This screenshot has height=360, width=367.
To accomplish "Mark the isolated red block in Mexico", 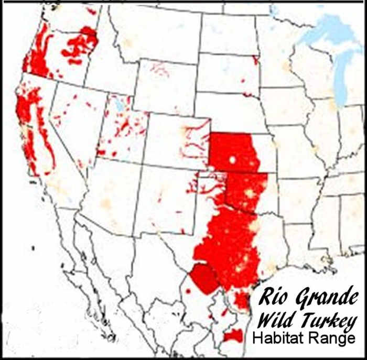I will click(x=232, y=336).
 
